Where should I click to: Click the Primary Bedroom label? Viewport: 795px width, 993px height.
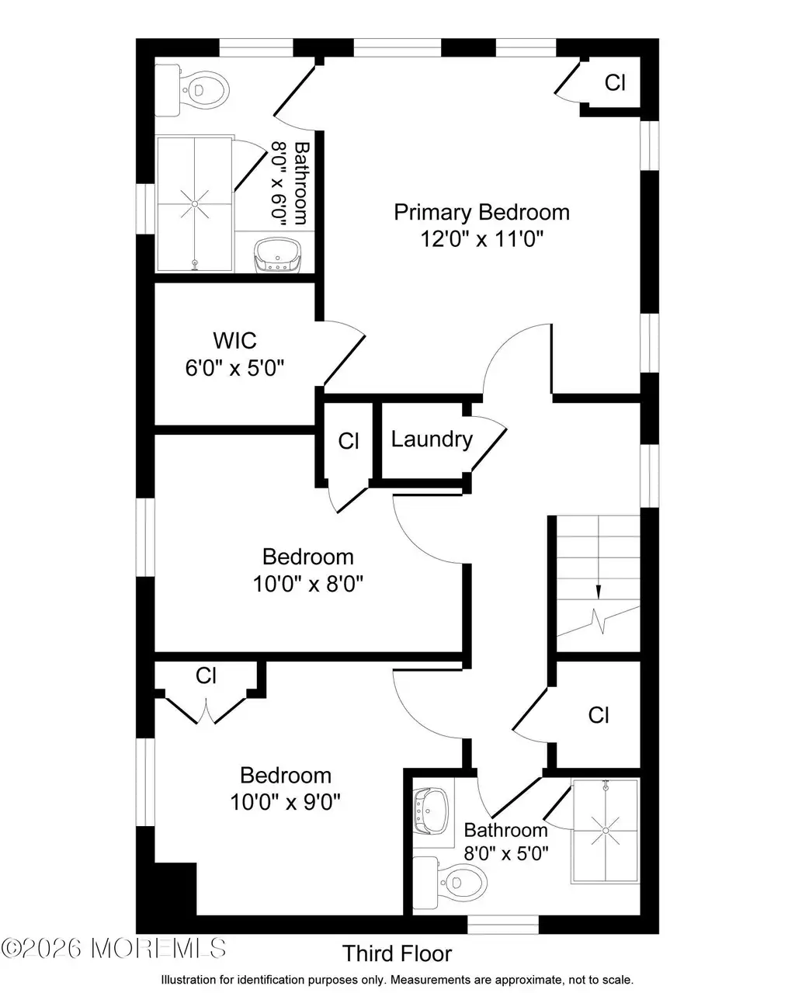[x=481, y=213]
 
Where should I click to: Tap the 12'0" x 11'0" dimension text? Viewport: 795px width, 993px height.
[x=481, y=239]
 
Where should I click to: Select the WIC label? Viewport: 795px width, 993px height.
[x=234, y=341]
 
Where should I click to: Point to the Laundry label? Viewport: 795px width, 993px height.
[x=432, y=439]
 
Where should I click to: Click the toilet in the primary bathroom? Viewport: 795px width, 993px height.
[x=192, y=90]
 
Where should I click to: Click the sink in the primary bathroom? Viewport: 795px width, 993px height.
[x=277, y=255]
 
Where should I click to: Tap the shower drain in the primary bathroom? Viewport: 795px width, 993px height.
[x=195, y=204]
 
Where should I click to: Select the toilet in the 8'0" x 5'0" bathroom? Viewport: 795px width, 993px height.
[x=450, y=882]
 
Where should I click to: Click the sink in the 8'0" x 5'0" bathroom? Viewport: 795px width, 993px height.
[x=431, y=811]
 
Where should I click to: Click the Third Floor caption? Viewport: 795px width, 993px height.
[x=397, y=953]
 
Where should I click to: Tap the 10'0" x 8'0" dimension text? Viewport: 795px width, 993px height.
[x=307, y=584]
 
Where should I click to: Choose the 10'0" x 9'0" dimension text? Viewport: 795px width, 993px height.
[x=285, y=802]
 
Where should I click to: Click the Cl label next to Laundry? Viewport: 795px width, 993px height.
[x=349, y=441]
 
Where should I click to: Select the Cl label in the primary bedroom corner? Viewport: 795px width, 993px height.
[x=615, y=83]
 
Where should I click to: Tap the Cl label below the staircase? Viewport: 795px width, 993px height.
[x=599, y=715]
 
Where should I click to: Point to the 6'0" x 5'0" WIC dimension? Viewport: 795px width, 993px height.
[x=234, y=368]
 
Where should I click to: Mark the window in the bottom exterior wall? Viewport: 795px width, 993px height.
[x=503, y=925]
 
